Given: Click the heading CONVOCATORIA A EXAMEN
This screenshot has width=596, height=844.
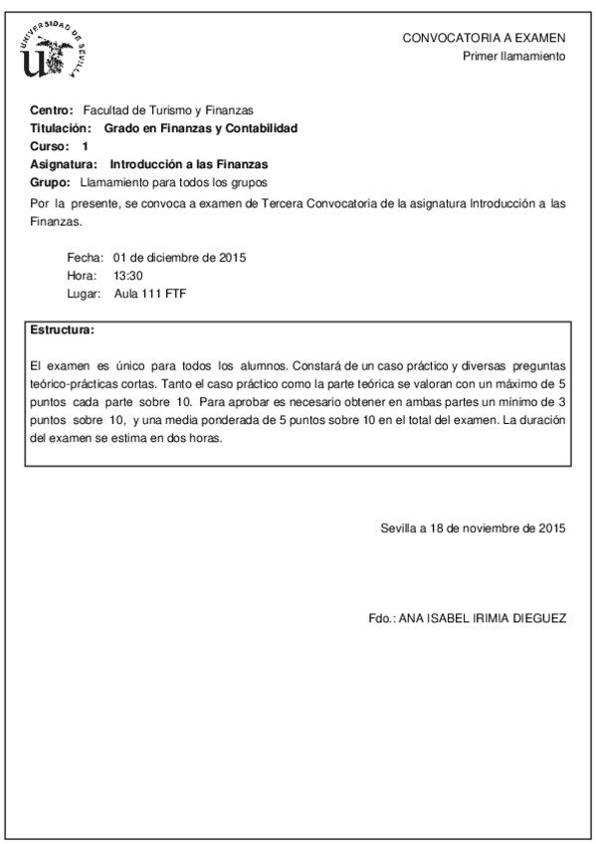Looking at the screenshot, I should [484, 37].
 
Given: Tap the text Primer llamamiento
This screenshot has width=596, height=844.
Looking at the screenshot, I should [514, 56].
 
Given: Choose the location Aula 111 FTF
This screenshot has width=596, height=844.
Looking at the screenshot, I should [150, 294].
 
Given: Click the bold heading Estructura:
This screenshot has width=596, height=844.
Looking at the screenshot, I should [63, 328].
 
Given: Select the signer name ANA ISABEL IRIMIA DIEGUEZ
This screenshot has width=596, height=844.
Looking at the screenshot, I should [483, 618].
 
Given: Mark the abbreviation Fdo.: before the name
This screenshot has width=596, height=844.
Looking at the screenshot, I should [382, 618].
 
